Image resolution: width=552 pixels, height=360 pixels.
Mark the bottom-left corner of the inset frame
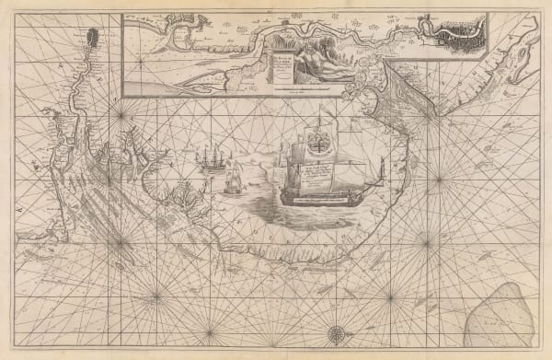pyautogui.click(x=123, y=95)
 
